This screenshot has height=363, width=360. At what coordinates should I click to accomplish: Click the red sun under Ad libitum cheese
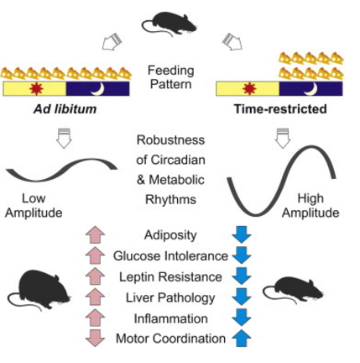point(36,88)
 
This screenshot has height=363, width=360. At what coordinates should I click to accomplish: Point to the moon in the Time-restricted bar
point(311,89)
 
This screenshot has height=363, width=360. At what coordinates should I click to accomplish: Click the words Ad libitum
point(65,109)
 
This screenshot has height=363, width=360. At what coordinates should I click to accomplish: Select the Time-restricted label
point(280,109)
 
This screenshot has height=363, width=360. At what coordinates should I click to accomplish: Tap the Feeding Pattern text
point(171,77)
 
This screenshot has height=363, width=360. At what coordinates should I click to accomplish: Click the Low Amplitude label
point(34,206)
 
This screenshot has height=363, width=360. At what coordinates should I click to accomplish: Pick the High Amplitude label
point(310,206)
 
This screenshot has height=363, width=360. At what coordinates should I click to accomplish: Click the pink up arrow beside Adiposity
point(95,234)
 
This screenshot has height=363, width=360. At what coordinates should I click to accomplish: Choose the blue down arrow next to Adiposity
point(242,234)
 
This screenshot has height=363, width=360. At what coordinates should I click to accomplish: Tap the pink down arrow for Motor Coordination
point(95,339)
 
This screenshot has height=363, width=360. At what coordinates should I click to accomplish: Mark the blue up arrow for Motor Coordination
point(242,339)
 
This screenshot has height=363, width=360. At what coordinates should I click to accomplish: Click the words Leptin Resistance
point(170,277)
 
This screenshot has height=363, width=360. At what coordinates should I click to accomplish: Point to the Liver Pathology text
point(170,298)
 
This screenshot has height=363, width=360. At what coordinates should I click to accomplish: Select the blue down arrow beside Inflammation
point(242,317)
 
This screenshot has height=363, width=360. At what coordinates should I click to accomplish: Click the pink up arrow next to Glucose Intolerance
point(95,255)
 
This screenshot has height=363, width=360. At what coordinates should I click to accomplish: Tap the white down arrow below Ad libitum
point(64,139)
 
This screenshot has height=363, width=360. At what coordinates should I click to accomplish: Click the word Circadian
point(178,160)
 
